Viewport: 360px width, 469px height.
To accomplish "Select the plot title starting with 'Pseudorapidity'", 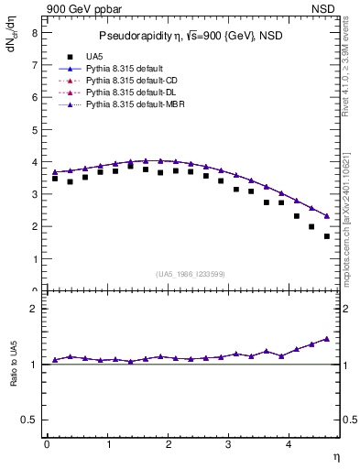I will (x=187, y=37).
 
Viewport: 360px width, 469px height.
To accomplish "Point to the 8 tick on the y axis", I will (x=34, y=32).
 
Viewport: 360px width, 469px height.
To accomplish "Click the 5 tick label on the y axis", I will (x=34, y=129).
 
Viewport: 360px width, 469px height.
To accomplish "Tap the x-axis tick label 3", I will (x=229, y=444).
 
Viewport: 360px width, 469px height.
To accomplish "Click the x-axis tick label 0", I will (x=47, y=444).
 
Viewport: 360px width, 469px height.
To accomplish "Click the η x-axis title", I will (x=336, y=455).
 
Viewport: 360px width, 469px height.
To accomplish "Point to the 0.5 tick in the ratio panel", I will (x=29, y=420).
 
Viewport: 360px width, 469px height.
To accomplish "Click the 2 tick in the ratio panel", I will (x=34, y=309).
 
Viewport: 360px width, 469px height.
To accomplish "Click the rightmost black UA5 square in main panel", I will (x=327, y=236).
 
